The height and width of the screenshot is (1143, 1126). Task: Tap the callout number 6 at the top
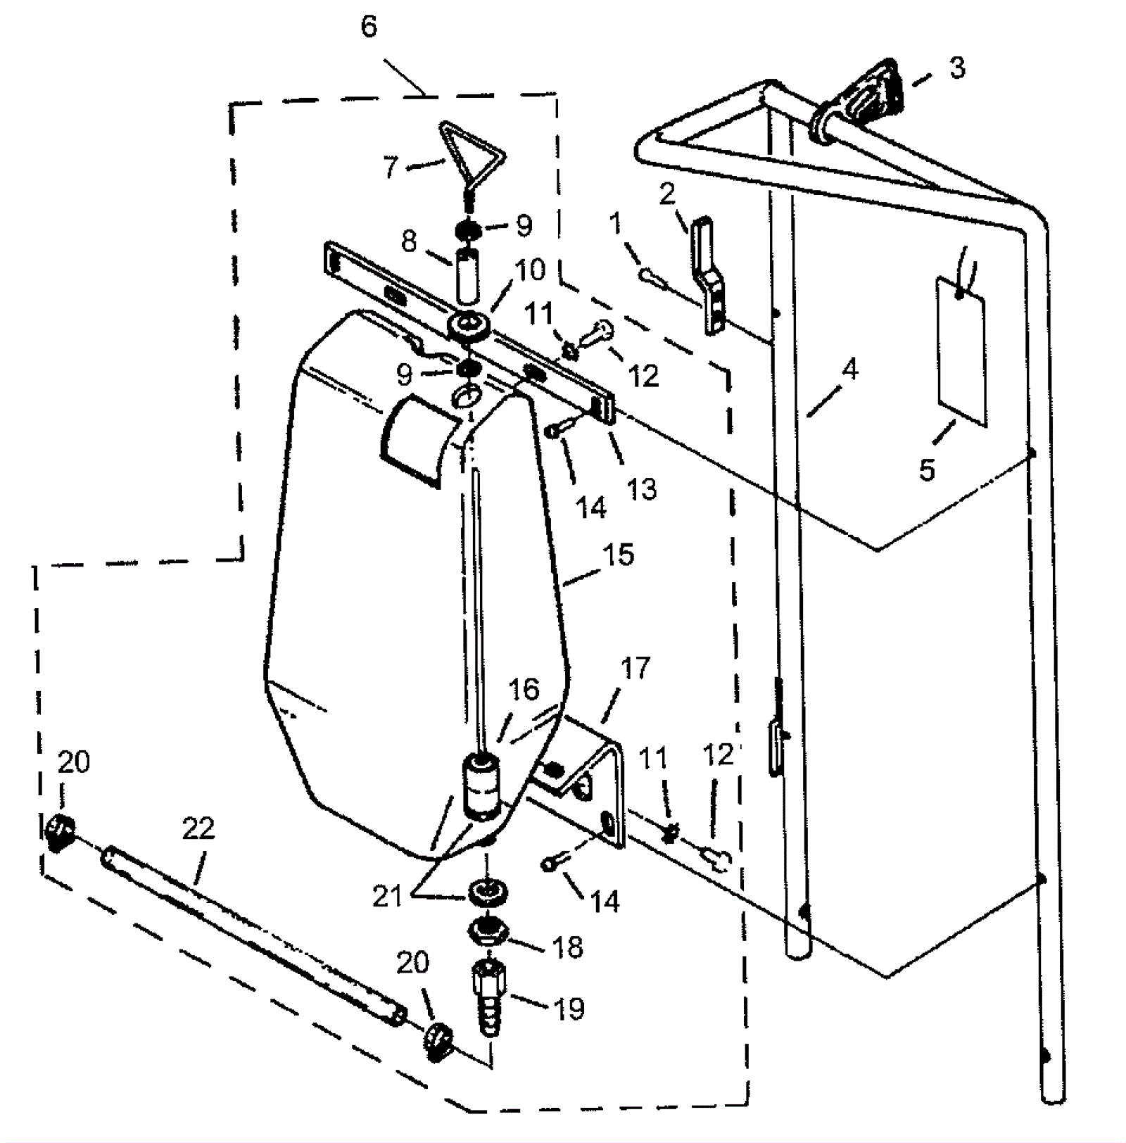point(369,27)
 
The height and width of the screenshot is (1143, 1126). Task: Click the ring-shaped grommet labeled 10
point(467,326)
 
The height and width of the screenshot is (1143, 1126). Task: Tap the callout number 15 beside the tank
point(619,555)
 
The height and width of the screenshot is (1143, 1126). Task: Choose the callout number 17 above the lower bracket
point(635,669)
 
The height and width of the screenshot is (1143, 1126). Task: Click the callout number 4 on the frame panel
point(851,370)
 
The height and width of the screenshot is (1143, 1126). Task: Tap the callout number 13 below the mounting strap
point(641,488)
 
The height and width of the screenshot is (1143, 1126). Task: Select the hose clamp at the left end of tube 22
point(59,831)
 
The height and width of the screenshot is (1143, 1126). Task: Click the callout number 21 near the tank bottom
point(387,897)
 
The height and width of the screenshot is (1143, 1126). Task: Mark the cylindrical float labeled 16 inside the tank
point(481,787)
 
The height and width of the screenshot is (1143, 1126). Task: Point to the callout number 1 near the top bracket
point(616,224)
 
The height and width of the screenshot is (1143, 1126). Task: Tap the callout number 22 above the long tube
point(198,828)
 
